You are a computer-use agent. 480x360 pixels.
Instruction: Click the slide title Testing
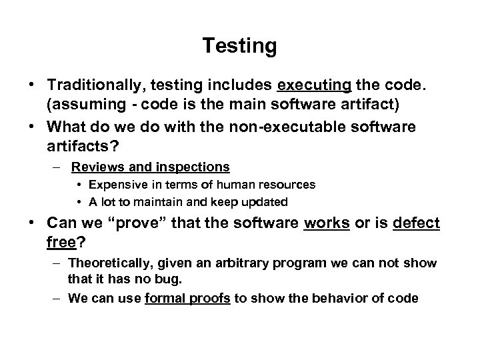[x=239, y=46]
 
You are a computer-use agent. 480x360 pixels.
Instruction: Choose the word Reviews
[x=96, y=166]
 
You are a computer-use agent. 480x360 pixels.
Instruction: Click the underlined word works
[x=327, y=223]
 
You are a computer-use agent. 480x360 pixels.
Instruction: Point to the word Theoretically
[x=111, y=263]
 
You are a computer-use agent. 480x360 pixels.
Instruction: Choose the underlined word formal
[x=163, y=298]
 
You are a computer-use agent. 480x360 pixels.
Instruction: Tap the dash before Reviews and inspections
[x=59, y=167]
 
